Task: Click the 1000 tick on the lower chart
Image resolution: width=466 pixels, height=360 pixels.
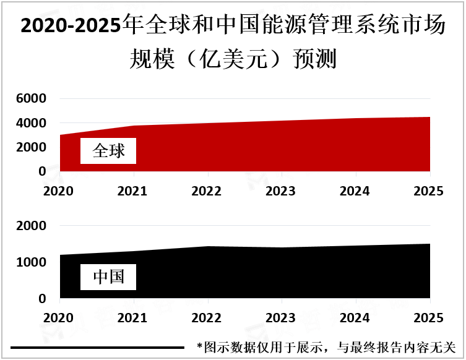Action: [32, 263]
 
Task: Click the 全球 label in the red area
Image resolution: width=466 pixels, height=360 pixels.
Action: [108, 151]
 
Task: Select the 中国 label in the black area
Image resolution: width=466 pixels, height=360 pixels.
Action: [108, 277]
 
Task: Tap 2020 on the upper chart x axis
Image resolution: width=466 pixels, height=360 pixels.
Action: [60, 191]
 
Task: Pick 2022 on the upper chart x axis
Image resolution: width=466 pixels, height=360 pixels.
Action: [208, 191]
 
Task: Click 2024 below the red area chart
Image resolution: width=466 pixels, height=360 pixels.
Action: [356, 191]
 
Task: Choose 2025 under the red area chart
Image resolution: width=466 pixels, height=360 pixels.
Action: [429, 191]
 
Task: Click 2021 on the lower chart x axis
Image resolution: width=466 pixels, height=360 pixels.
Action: [134, 317]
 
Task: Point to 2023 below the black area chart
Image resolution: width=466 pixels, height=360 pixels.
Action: [282, 317]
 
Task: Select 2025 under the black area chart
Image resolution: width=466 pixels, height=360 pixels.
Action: [429, 317]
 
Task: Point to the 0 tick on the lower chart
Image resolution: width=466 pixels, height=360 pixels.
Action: [42, 299]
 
